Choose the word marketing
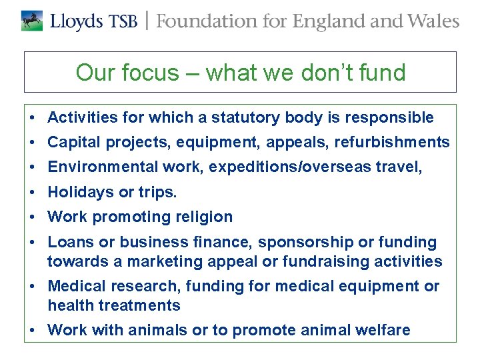[x=164, y=261]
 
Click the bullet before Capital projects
[x=32, y=143]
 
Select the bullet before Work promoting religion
[x=32, y=217]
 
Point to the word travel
[x=400, y=167]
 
